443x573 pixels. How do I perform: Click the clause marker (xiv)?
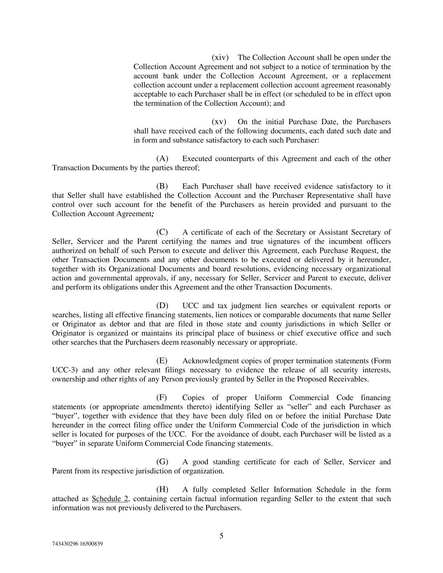click(x=220, y=58)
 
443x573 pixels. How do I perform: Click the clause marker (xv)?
click(x=219, y=122)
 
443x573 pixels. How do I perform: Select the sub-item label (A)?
click(x=162, y=159)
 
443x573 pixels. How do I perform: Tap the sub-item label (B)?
click(x=162, y=186)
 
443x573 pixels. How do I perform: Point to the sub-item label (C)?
click(x=162, y=232)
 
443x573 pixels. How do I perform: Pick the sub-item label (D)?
click(x=162, y=306)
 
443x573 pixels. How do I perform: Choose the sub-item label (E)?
click(x=162, y=361)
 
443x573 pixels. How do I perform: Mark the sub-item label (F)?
click(x=162, y=398)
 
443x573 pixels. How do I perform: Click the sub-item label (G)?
click(x=162, y=462)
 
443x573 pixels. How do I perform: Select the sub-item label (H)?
click(x=162, y=489)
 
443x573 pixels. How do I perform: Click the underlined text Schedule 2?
click(x=110, y=499)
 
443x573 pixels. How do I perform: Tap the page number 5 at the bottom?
click(x=221, y=536)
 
